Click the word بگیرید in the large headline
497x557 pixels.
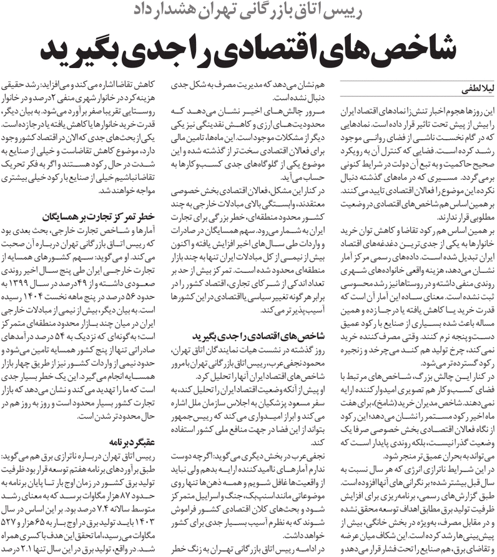87,51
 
